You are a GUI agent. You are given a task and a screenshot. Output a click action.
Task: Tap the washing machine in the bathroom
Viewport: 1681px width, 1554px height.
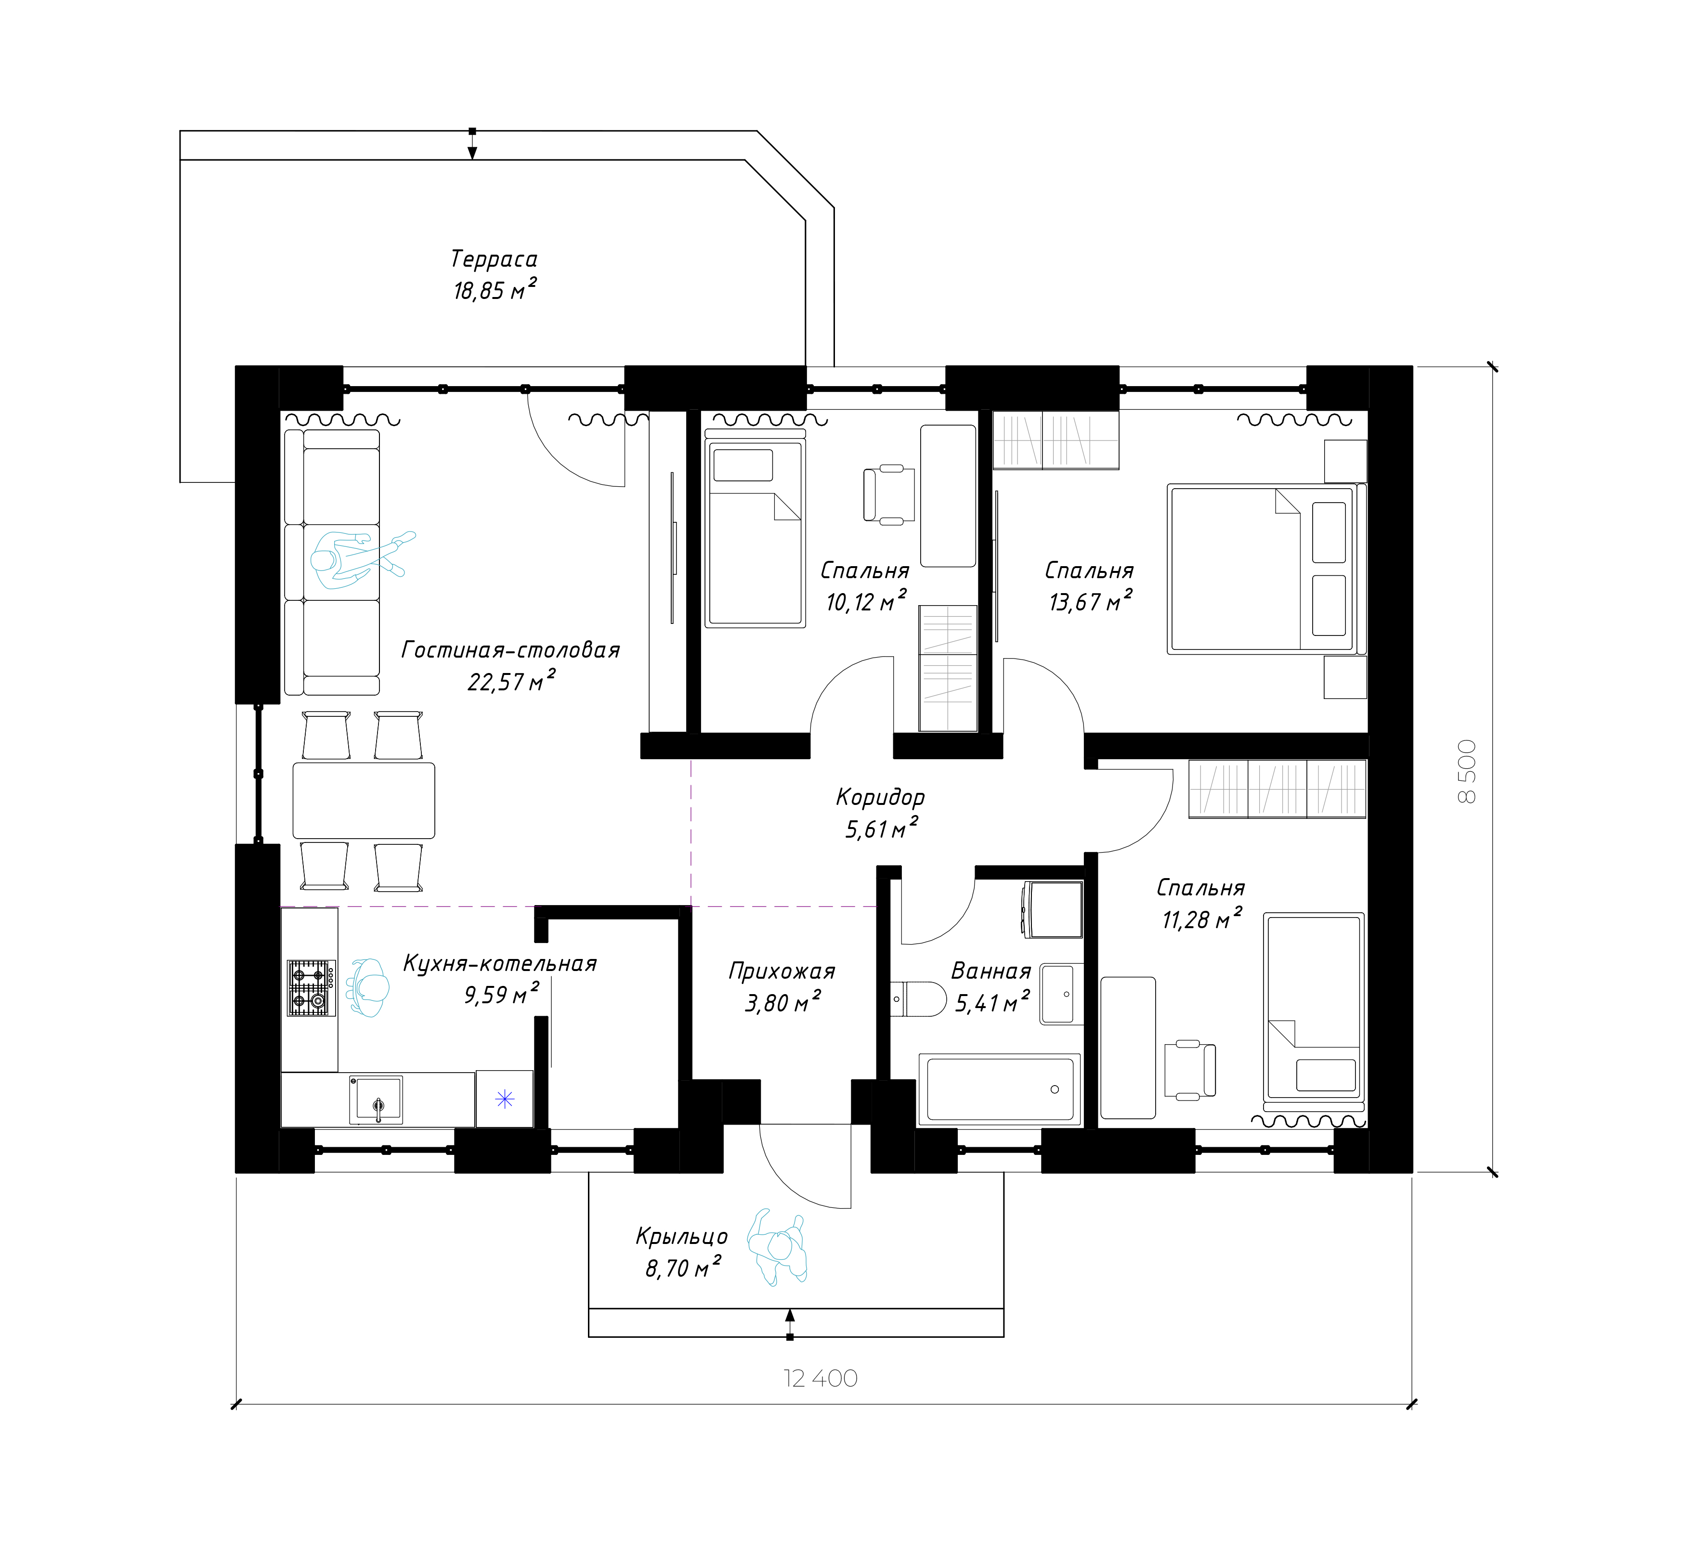[x=1052, y=909]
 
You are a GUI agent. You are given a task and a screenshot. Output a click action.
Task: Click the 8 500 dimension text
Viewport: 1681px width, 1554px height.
[x=1467, y=771]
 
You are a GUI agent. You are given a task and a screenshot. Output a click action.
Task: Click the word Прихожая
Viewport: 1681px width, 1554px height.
[x=781, y=971]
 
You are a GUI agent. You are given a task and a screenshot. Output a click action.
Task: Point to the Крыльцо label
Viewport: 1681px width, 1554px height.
[x=681, y=1236]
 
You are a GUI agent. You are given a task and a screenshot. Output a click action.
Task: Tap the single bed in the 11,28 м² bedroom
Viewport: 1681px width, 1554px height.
[x=1313, y=1007]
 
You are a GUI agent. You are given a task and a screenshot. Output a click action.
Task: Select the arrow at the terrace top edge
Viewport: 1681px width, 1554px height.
[x=472, y=144]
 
